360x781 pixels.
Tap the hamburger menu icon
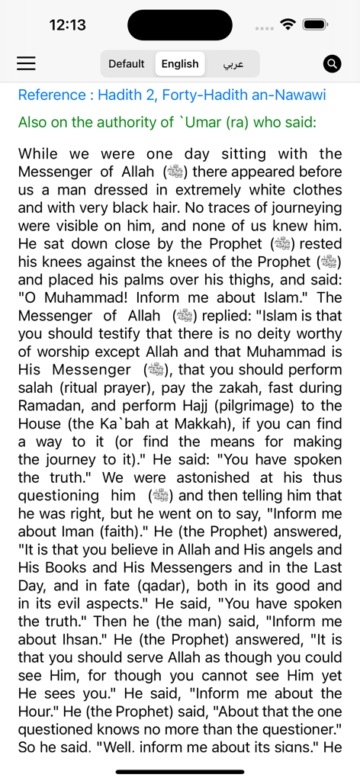[x=27, y=63]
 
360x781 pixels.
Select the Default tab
[x=127, y=64]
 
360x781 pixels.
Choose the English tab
[x=180, y=64]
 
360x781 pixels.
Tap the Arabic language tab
[x=233, y=64]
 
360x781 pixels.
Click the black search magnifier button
[x=332, y=63]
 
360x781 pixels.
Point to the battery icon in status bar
[x=314, y=24]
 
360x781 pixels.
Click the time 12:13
[x=68, y=25]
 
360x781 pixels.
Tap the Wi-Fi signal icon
[x=288, y=24]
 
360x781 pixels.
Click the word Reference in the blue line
[x=52, y=95]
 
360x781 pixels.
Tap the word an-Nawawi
[x=291, y=95]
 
